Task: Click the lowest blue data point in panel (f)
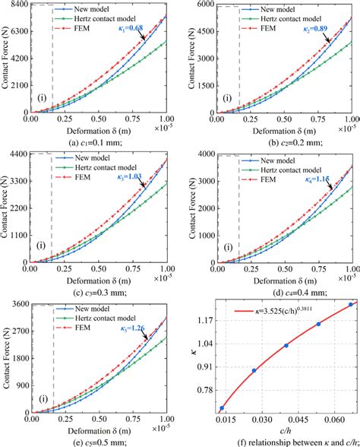coord(222,407)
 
